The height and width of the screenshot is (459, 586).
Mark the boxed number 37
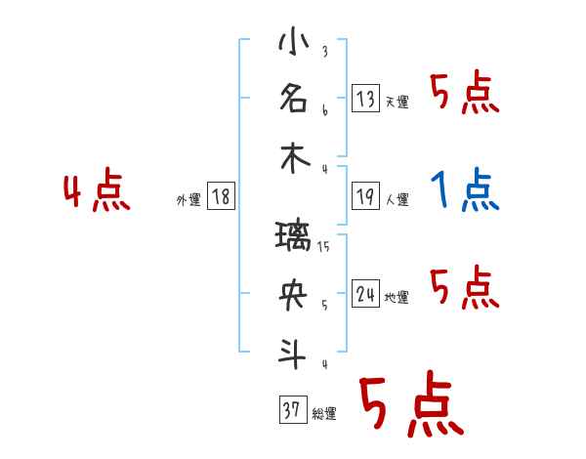(292, 410)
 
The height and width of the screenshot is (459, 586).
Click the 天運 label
(397, 101)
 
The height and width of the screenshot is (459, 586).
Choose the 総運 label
(324, 414)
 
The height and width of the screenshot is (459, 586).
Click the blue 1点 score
(465, 189)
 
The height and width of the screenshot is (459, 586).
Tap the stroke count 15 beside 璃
(325, 247)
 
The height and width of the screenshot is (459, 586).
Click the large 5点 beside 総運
(411, 407)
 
